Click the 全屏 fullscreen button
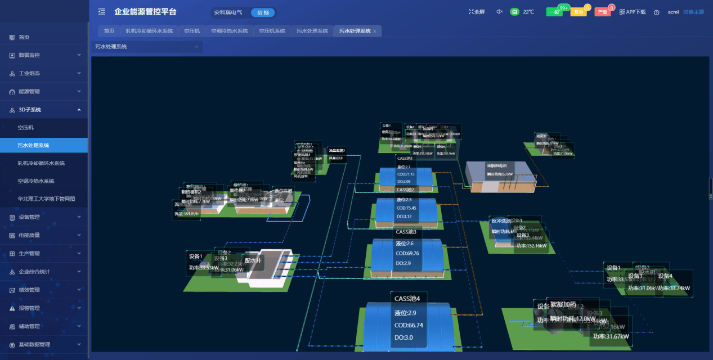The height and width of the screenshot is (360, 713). [x=477, y=12]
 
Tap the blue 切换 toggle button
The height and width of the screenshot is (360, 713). [x=263, y=12]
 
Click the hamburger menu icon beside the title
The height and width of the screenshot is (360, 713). [x=102, y=12]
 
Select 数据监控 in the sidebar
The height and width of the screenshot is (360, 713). [x=29, y=55]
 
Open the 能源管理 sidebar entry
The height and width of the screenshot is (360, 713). [x=29, y=91]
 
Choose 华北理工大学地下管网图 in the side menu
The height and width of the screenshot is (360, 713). [x=46, y=199]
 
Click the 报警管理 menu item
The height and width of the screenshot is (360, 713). [x=29, y=308]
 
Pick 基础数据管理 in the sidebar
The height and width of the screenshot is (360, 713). [x=34, y=344]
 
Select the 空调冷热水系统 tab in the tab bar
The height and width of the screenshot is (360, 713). [x=229, y=31]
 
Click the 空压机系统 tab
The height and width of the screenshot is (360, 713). [x=272, y=31]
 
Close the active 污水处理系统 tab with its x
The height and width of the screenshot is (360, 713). [x=375, y=31]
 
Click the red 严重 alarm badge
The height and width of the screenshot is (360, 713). [x=602, y=12]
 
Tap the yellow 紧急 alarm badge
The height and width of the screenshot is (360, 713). [x=578, y=12]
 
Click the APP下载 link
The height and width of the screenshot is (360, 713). [x=633, y=12]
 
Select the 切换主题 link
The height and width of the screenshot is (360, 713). [x=693, y=12]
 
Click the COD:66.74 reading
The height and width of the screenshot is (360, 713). [x=409, y=325]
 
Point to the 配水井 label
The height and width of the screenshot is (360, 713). [x=253, y=260]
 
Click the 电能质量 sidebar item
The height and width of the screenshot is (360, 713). [x=29, y=235]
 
